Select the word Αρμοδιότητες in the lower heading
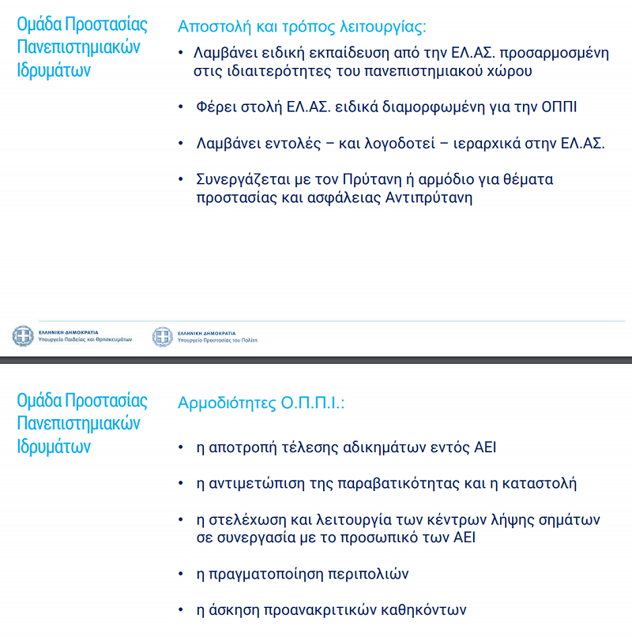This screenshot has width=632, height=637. point(227,403)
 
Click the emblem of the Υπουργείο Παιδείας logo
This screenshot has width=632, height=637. point(23,336)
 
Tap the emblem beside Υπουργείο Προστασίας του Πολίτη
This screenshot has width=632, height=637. point(162,336)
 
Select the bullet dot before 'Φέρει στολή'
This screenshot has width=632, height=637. point(183,107)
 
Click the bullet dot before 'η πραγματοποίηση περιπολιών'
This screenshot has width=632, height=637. point(183,574)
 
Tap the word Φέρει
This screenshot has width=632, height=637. point(215,107)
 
